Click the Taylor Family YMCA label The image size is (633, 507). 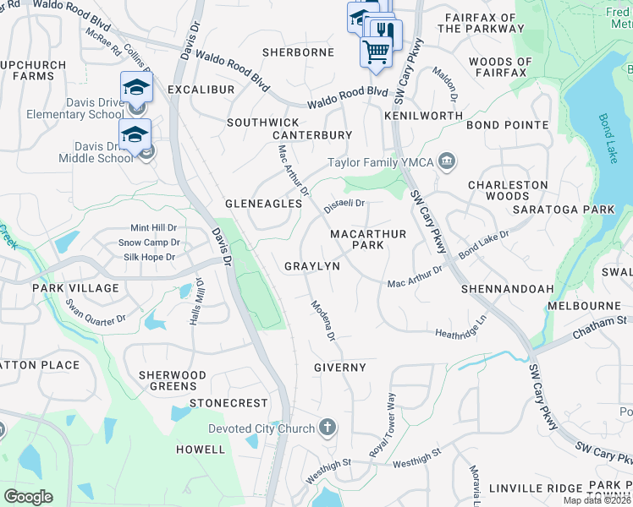381,162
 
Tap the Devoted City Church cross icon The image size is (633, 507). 328,428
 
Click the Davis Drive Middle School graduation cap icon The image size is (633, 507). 135,134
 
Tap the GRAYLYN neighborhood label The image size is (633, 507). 311,266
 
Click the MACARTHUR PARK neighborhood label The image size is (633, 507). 368,239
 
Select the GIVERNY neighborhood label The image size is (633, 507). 339,368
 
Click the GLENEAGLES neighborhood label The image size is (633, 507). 263,204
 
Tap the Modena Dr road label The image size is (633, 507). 323,321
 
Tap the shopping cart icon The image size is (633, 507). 376,52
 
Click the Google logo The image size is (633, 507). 28,497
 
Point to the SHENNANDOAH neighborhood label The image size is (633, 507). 507,288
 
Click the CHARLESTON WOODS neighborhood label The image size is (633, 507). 508,190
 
